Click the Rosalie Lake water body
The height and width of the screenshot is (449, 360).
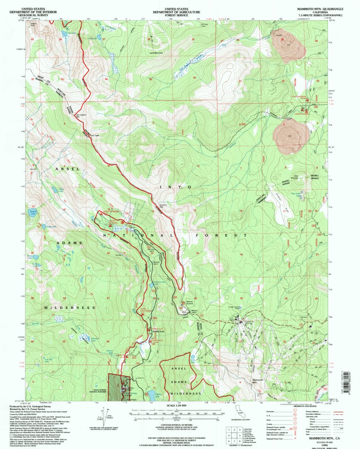[x=32, y=212]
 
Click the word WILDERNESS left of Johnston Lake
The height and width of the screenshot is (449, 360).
[x=70, y=308]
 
